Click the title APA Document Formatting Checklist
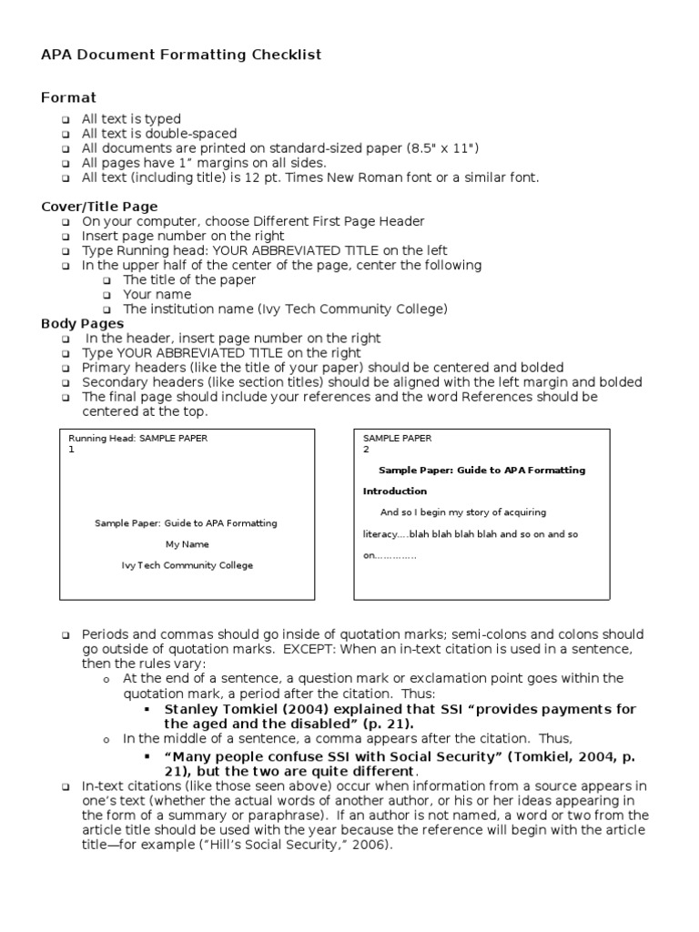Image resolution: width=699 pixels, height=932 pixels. click(181, 56)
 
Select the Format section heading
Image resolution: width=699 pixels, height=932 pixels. click(68, 97)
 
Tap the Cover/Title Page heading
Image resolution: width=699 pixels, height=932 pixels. click(99, 207)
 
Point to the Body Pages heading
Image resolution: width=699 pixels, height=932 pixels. click(83, 323)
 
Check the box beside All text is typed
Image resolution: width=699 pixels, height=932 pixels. click(66, 119)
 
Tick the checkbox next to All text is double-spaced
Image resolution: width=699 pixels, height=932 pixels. click(66, 134)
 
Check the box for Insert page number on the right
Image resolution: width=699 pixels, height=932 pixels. click(66, 237)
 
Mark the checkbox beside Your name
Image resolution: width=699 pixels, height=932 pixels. click(106, 295)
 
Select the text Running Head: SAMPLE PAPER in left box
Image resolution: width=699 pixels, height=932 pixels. click(137, 438)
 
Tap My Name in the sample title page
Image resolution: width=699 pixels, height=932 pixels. click(187, 544)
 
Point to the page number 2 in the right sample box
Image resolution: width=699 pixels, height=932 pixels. click(366, 450)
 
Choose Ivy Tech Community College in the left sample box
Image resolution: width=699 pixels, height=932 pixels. click(187, 565)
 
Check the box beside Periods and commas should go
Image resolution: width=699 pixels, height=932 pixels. click(66, 634)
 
